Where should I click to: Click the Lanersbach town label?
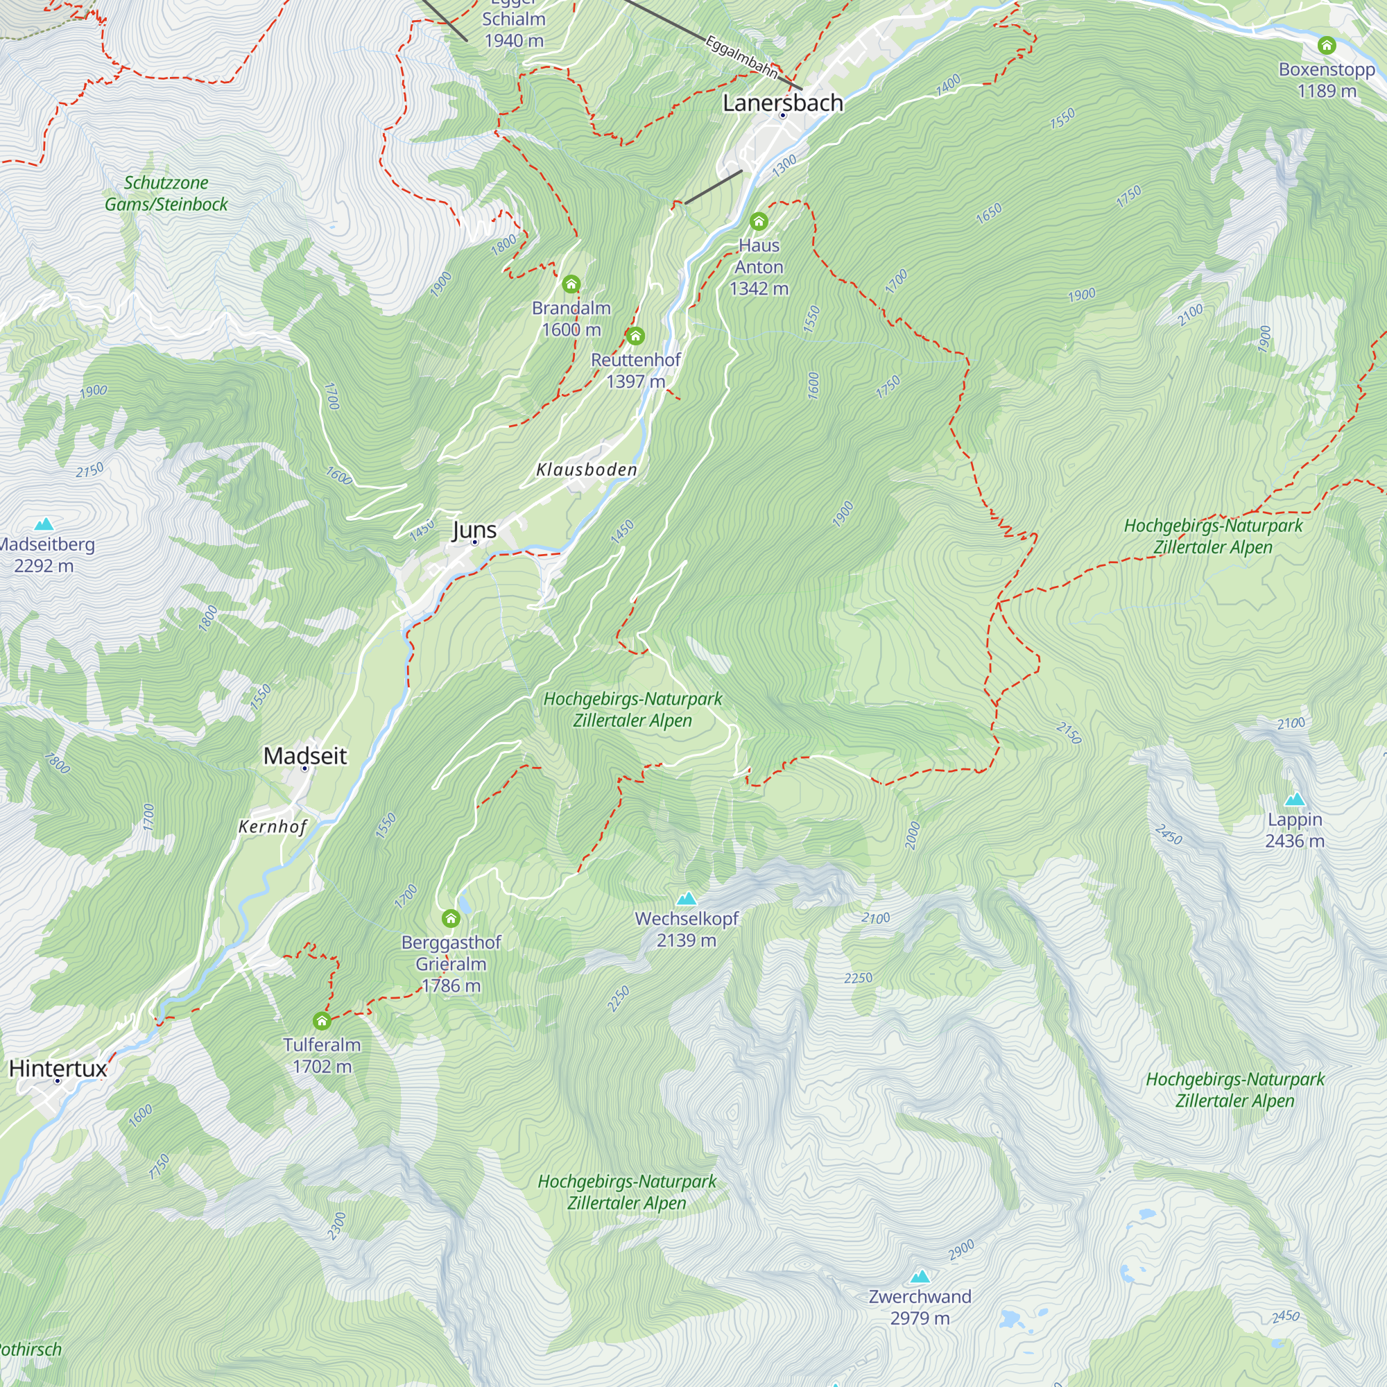pos(782,103)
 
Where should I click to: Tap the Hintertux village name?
pos(58,1068)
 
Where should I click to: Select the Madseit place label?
pos(305,755)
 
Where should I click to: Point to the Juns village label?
pos(474,530)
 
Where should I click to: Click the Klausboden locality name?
pos(587,469)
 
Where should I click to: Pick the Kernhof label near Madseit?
pos(273,827)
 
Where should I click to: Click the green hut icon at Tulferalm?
pos(322,1020)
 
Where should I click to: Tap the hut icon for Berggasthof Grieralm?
pos(451,918)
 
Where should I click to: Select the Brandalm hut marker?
pos(571,284)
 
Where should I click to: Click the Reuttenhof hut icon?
pos(635,335)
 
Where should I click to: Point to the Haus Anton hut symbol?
pos(759,221)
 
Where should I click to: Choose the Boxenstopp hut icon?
pos(1327,45)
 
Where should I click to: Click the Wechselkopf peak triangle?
pos(687,898)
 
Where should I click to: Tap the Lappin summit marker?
pos(1294,799)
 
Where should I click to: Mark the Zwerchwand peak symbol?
pos(920,1277)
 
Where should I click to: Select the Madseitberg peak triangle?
pos(44,524)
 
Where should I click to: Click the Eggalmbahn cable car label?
pos(741,56)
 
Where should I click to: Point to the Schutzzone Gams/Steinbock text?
pos(166,193)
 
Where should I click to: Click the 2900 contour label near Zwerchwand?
pos(961,1250)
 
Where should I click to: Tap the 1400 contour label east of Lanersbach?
pos(948,84)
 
